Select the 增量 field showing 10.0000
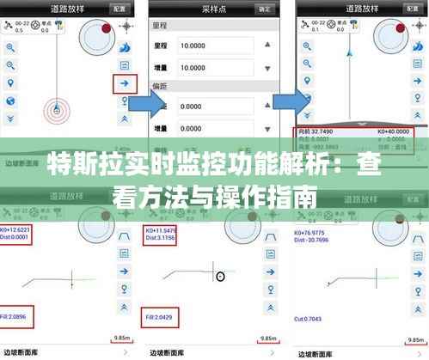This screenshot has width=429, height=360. coord(216,67)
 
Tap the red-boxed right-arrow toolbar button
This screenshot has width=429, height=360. coord(125,83)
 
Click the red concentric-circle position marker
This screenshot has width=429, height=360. coord(56,110)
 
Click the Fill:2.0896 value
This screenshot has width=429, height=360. coord(17,317)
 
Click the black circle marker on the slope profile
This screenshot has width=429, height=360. coord(220,276)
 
